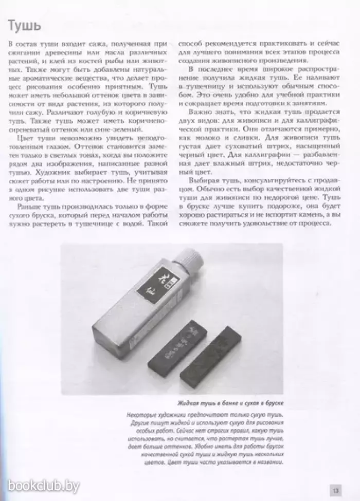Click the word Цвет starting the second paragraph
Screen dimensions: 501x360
(x=25, y=138)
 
